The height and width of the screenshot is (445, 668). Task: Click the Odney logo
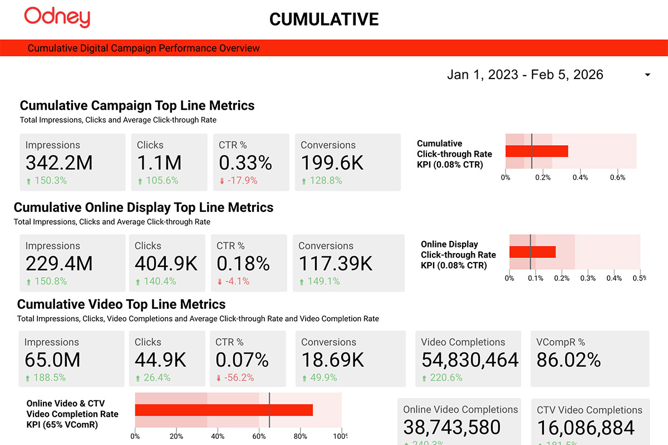click(57, 18)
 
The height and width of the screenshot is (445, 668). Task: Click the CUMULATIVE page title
click(324, 19)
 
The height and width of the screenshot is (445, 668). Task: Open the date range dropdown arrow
click(647, 75)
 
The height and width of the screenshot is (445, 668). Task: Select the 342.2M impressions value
click(59, 163)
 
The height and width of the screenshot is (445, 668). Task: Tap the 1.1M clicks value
click(159, 163)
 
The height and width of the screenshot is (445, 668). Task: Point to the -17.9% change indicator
click(238, 180)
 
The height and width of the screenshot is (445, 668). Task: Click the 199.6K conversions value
click(332, 163)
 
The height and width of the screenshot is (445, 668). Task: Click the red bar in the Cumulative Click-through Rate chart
click(537, 151)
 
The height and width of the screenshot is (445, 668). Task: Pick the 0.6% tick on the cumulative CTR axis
click(617, 177)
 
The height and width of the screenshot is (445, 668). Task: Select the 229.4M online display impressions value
click(59, 264)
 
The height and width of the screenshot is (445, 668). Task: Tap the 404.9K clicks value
click(166, 264)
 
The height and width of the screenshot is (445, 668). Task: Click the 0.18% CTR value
click(243, 264)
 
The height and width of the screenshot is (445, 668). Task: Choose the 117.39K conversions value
click(336, 264)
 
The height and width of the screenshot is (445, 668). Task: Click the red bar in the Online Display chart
click(533, 252)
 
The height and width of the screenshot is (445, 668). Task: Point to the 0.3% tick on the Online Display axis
click(588, 278)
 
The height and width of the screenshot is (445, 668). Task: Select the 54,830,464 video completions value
click(470, 360)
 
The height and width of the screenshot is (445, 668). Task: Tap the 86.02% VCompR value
click(568, 360)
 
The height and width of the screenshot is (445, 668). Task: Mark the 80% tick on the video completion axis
click(300, 437)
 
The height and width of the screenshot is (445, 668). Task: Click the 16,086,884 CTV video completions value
click(586, 428)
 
